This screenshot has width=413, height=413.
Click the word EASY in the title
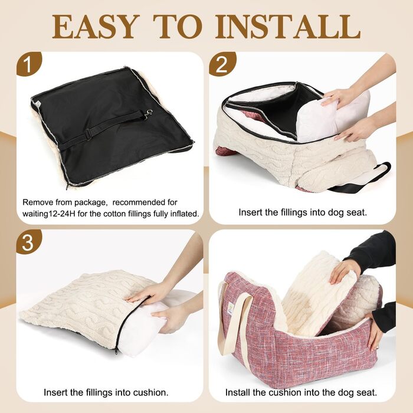point(96,27)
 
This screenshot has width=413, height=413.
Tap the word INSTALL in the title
point(288,27)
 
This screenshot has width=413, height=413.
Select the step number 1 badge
point(29,64)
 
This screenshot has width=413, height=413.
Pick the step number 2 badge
point(222,64)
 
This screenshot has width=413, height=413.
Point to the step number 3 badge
point(29,242)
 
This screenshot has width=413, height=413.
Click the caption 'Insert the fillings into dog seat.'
point(303,212)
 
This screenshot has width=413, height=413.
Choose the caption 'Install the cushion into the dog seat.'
point(301,392)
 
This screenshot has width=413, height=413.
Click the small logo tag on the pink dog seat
point(231,307)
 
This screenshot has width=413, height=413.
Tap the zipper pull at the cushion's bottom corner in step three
point(116,352)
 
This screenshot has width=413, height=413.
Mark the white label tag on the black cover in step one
point(38,103)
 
